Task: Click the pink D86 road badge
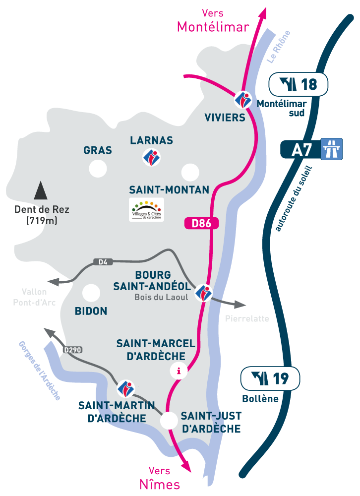tap(201, 224)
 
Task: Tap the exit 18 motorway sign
tap(298, 84)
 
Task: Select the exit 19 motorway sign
tap(270, 379)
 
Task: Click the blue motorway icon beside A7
tap(332, 149)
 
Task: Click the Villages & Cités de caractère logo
tap(146, 209)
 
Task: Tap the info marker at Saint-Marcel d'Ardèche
tap(179, 371)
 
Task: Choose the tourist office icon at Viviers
tap(243, 100)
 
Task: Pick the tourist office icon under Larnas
tap(152, 157)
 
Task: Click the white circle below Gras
tap(98, 169)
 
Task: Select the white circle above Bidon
tap(91, 293)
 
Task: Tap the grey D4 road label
tap(103, 261)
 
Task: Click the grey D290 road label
tap(72, 350)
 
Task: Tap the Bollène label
tap(260, 399)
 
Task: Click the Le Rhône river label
tap(278, 47)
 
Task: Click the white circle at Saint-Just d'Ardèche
tap(169, 421)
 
